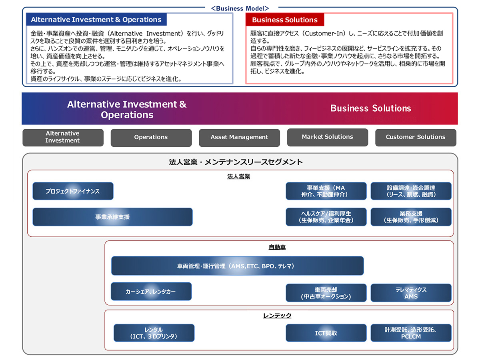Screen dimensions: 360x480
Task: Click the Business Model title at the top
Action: tap(240, 8)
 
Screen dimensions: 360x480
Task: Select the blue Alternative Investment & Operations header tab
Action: tap(96, 20)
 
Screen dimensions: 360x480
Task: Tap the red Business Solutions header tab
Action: tap(285, 20)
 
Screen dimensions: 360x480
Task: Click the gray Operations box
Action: tap(151, 137)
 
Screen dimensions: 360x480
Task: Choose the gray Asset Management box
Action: tap(239, 137)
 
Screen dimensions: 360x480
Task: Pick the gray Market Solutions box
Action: tap(327, 137)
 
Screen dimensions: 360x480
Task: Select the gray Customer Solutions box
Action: tap(415, 137)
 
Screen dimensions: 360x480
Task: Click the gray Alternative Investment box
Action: tap(63, 137)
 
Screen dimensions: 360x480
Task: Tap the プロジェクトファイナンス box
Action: tap(73, 191)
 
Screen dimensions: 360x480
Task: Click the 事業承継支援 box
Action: tap(112, 217)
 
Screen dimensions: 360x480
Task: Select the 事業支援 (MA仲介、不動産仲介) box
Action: tap(326, 191)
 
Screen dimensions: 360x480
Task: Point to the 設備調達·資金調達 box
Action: tap(411, 191)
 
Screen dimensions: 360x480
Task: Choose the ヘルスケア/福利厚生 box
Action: tap(326, 217)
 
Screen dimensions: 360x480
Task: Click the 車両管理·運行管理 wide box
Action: tap(237, 266)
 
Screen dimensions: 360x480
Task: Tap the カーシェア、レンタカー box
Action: tap(151, 292)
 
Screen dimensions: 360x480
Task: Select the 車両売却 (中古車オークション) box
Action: tap(326, 293)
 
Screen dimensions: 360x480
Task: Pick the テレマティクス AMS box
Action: tap(411, 293)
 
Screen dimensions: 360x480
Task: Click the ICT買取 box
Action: tap(326, 333)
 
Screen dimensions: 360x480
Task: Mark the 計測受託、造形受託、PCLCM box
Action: tap(411, 333)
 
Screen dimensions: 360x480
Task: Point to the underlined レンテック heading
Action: tap(277, 316)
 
